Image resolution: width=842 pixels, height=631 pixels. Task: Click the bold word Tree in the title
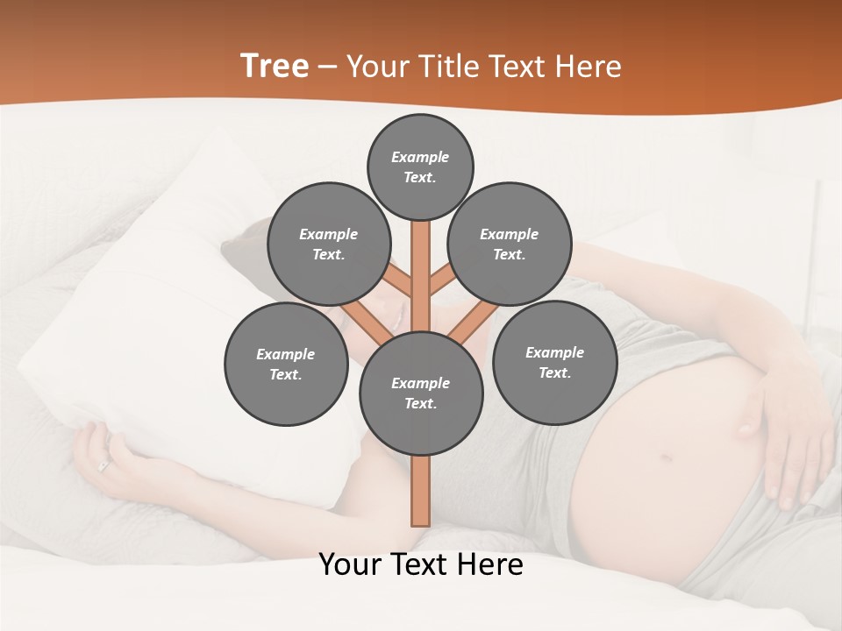[275, 66]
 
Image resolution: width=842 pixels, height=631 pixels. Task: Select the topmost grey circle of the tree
[420, 167]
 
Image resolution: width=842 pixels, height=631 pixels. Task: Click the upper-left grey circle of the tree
[328, 244]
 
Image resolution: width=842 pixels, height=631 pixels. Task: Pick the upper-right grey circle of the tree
[509, 244]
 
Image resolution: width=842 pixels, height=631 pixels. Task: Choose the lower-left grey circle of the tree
[285, 364]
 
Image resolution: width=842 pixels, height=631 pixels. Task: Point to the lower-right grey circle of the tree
[554, 362]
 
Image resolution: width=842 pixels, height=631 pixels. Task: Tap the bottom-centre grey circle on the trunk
[420, 393]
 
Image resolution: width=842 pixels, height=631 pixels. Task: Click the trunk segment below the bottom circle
[420, 491]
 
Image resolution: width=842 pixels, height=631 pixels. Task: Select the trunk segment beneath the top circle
[420, 263]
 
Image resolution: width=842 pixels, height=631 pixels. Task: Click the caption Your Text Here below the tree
[420, 564]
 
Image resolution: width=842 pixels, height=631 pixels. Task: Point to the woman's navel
[666, 457]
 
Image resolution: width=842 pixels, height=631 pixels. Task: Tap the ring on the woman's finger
[103, 467]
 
